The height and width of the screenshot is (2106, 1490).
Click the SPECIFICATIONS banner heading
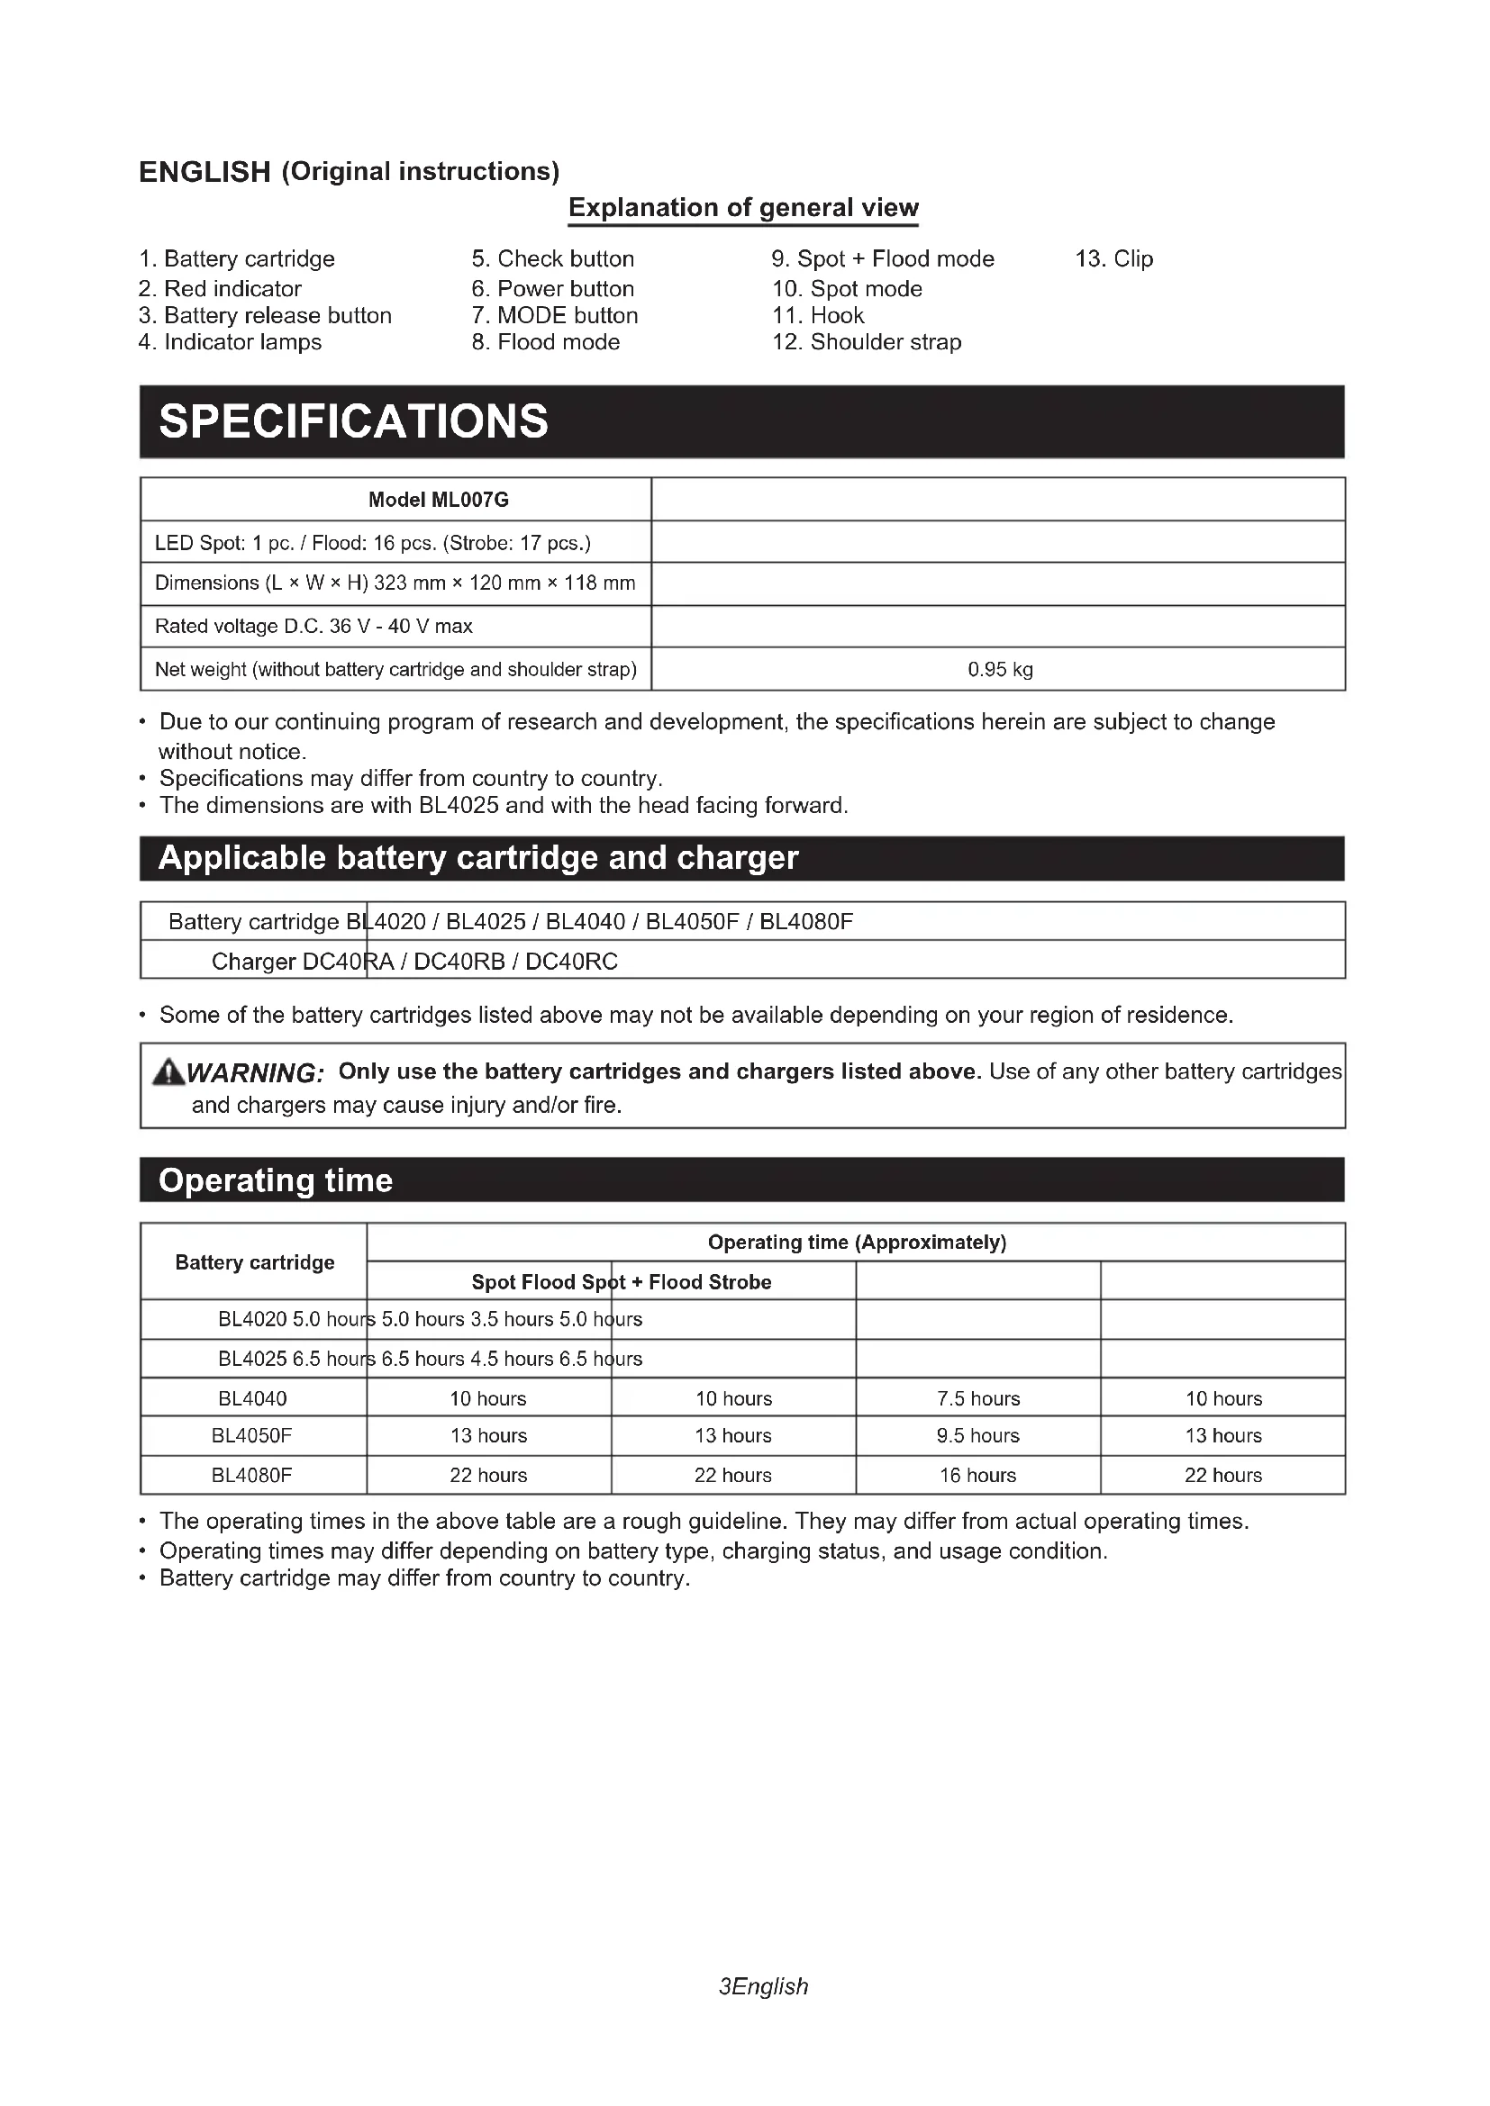353,422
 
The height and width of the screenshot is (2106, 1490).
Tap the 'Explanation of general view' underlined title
743,208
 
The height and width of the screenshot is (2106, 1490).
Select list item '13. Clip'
1113,258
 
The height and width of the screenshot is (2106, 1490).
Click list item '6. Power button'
552,289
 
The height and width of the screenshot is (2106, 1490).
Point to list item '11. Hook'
817,315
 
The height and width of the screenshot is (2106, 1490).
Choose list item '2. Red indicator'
220,289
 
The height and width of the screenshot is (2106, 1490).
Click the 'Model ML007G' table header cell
439,500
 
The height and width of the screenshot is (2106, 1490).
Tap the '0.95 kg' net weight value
1000,670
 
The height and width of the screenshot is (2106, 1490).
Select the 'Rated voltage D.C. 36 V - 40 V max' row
313,627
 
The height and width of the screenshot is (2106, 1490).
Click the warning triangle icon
168,1071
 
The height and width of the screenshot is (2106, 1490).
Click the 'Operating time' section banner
276,1180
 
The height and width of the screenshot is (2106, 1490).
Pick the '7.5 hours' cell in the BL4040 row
978,1399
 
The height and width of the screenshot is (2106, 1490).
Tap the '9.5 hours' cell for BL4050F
978,1435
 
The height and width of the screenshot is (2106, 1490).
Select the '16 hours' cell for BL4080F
978,1475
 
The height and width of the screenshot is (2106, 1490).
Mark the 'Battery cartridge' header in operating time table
255,1262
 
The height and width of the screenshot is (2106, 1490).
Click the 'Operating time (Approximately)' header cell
857,1242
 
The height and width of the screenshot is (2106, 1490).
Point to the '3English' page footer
763,1986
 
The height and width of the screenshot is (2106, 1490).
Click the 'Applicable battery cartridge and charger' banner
478,859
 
